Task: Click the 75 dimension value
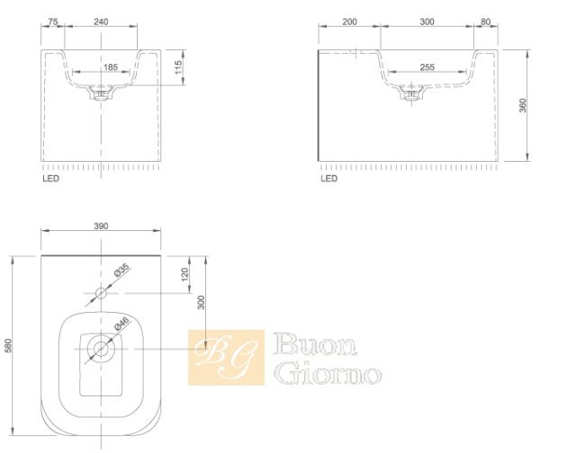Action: [x=53, y=22]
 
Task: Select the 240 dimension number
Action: [x=101, y=22]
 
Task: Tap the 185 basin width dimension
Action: [x=110, y=67]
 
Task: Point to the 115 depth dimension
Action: [x=178, y=67]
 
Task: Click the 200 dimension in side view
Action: [x=349, y=22]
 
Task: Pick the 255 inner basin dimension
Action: [x=427, y=67]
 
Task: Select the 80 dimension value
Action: [x=485, y=22]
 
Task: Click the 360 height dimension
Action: [x=522, y=105]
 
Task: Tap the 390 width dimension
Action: [x=101, y=226]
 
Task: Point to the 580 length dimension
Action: [x=8, y=345]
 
